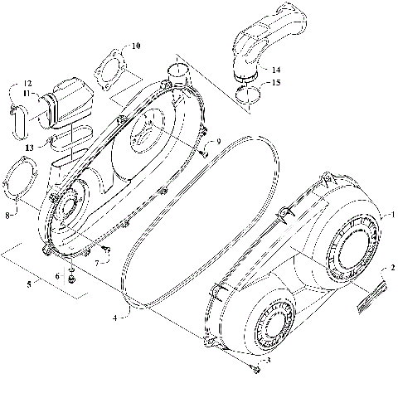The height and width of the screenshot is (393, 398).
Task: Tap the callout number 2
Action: (x=392, y=269)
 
